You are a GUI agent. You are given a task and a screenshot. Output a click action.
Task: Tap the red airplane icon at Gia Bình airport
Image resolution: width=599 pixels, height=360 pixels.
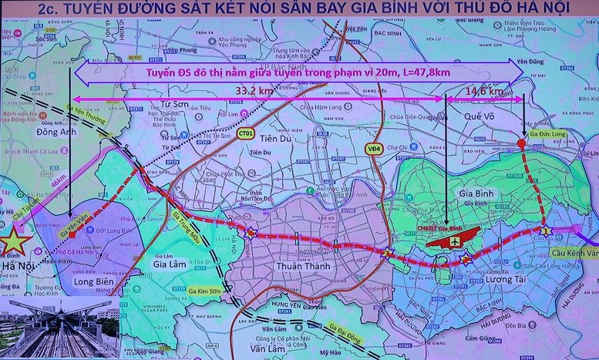pos(457,241)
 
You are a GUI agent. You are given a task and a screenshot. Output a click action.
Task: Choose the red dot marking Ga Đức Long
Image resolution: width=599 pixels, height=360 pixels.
pos(522,143)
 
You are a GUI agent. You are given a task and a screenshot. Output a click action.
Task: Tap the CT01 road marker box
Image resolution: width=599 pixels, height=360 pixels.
pos(246,133)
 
